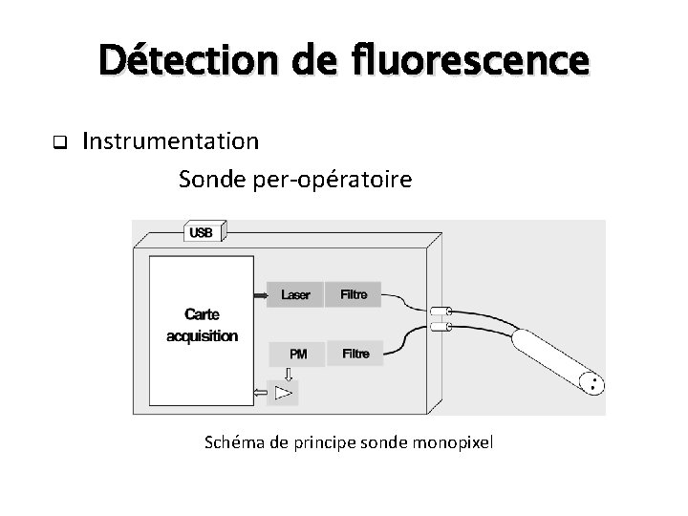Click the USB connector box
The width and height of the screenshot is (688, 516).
(x=202, y=232)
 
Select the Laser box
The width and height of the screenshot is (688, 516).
(x=295, y=294)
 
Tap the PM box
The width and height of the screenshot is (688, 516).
(x=298, y=354)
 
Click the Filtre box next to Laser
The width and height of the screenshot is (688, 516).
(x=354, y=294)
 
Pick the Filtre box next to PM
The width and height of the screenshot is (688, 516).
(x=355, y=354)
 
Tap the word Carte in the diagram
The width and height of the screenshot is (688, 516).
(x=202, y=316)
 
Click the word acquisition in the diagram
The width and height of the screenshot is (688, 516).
(x=202, y=335)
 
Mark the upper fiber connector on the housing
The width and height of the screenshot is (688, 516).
(x=441, y=311)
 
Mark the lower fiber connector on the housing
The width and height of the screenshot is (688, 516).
(x=441, y=328)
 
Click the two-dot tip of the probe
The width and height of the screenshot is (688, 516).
(x=594, y=384)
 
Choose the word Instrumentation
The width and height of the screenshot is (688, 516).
(x=170, y=142)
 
